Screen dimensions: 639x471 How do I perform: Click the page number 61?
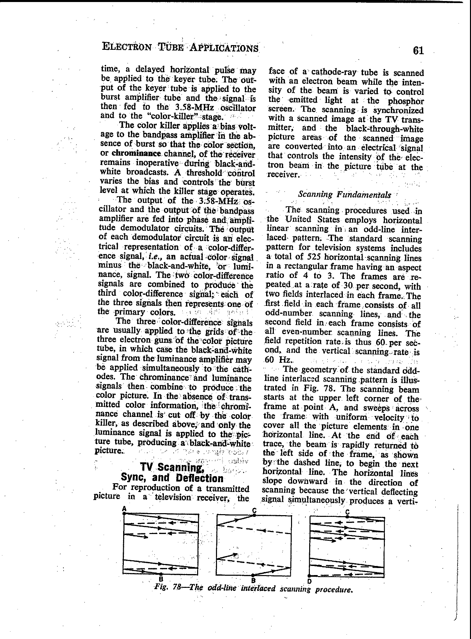(x=418, y=50)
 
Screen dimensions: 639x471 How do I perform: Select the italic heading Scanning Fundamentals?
(x=345, y=194)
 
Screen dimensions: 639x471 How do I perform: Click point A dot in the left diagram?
(x=124, y=513)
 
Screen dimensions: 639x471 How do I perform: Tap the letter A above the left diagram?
(x=124, y=508)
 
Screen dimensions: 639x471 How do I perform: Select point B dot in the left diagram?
(x=161, y=574)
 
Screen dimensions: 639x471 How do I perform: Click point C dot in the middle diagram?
(x=255, y=515)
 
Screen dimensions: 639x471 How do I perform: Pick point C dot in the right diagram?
(x=347, y=517)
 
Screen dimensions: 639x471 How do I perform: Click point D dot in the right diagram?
(x=309, y=576)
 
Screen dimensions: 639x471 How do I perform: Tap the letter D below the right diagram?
(x=309, y=581)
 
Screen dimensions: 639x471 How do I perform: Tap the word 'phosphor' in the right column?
(x=406, y=101)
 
